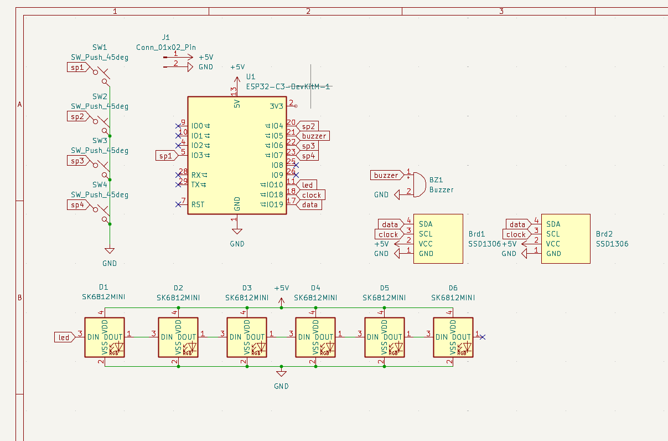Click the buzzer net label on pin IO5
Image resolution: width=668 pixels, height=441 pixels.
pos(314,136)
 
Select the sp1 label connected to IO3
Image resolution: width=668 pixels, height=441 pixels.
pos(165,156)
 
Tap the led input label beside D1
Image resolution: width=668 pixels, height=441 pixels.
pos(64,337)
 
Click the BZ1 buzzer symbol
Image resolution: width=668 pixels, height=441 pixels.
pos(419,184)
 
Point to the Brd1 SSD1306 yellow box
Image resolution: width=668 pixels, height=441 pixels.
pos(438,239)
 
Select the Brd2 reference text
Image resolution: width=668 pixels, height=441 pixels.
pos(604,234)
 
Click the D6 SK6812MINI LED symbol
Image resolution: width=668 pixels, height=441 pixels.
pos(453,337)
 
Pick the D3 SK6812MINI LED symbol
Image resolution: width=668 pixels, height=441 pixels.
pos(247,337)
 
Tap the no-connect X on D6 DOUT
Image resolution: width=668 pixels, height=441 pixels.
pos(483,337)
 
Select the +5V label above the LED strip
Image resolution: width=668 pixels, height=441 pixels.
pos(281,288)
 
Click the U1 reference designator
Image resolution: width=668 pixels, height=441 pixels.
pos(251,76)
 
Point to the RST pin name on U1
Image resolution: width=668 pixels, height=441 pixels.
pos(198,204)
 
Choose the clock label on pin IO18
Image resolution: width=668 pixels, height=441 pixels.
pos(312,195)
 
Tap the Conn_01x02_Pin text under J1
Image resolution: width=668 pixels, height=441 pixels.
pos(166,47)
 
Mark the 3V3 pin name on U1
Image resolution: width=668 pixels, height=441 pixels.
pos(277,106)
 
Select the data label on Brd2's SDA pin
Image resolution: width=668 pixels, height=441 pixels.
pos(517,224)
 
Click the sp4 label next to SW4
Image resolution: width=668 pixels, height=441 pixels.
pos(76,205)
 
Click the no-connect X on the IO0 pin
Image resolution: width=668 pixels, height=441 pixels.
pos(178,126)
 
